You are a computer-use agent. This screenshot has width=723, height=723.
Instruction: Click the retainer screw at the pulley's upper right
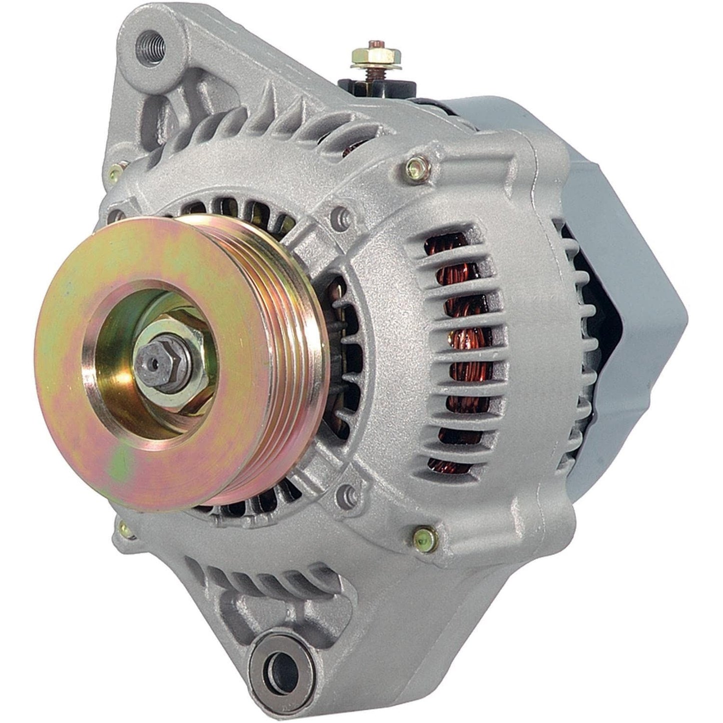[342, 215]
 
